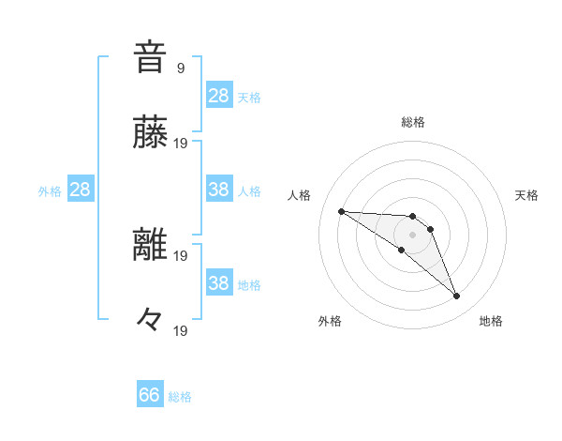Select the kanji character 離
pyautogui.click(x=150, y=245)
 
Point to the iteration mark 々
pyautogui.click(x=150, y=320)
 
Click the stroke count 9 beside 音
pyautogui.click(x=180, y=68)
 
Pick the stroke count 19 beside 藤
pyautogui.click(x=182, y=144)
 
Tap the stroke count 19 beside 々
pyautogui.click(x=182, y=331)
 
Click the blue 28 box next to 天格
pyautogui.click(x=218, y=96)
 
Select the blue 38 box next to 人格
pyautogui.click(x=218, y=190)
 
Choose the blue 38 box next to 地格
pyautogui.click(x=218, y=283)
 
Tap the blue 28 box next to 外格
pyautogui.click(x=80, y=190)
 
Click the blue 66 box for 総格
pyautogui.click(x=150, y=395)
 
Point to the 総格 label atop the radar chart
pyautogui.click(x=413, y=122)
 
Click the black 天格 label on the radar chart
pyautogui.click(x=527, y=195)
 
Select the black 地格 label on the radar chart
pyautogui.click(x=491, y=321)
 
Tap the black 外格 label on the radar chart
pyautogui.click(x=330, y=321)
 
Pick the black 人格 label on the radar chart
pyautogui.click(x=300, y=195)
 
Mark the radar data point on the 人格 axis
pyautogui.click(x=341, y=211)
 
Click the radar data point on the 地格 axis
pyautogui.click(x=457, y=297)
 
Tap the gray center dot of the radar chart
pyautogui.click(x=413, y=235)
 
